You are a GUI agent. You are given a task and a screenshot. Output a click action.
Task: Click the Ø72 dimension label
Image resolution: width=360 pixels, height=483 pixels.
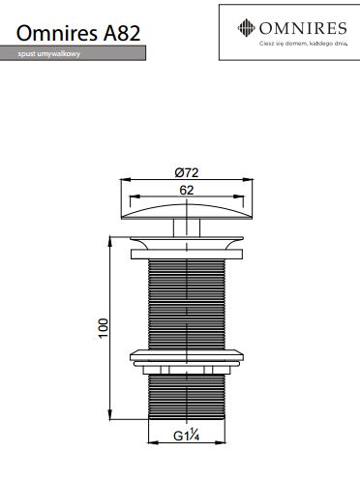(187, 172)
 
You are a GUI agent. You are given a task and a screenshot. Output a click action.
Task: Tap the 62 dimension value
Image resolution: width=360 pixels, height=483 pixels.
(187, 190)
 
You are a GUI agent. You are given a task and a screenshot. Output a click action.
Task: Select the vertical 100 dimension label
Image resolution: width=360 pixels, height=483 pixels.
(104, 328)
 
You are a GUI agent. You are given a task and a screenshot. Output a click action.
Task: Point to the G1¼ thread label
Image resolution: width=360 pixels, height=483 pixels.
(187, 436)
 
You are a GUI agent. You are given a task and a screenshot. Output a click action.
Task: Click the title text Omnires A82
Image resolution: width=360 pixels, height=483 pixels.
(78, 33)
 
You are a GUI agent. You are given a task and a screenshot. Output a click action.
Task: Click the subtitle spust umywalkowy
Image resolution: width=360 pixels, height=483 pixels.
(49, 54)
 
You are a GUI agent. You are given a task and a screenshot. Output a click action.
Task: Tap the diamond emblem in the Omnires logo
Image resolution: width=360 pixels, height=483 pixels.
(246, 28)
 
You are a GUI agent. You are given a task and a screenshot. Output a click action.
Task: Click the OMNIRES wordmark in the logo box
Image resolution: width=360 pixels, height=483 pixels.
(303, 28)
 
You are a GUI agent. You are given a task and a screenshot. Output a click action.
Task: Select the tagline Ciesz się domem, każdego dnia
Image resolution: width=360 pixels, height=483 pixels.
(304, 44)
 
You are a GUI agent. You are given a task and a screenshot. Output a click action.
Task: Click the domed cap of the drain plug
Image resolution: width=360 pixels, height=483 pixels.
(187, 212)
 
